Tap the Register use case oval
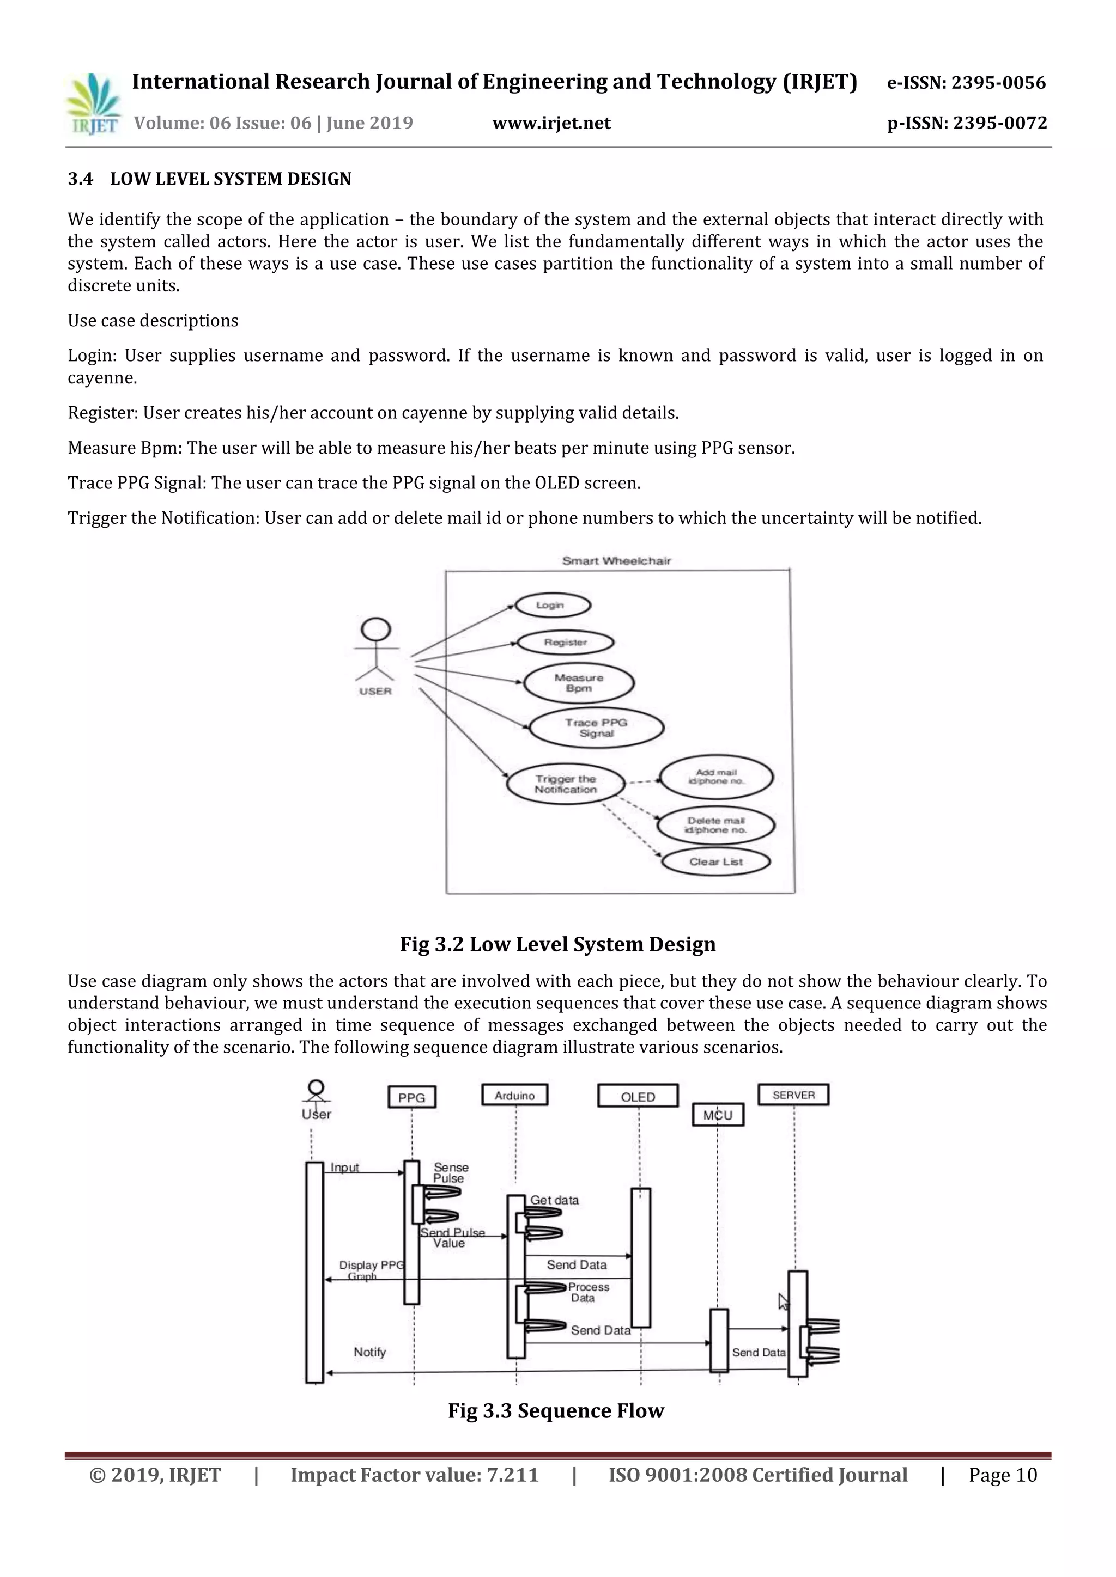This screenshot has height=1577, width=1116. coord(565,642)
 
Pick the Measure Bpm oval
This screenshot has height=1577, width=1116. coord(579,683)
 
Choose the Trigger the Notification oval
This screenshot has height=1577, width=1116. coord(566,784)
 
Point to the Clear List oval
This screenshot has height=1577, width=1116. coord(716,861)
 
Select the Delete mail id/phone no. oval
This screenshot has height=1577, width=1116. coord(715,825)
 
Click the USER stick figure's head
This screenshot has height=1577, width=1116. coord(376,629)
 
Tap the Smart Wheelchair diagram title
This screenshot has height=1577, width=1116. coord(616,560)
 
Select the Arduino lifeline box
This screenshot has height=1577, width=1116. coord(515,1096)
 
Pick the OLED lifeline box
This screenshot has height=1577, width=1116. coord(638,1097)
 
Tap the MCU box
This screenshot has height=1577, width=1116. coord(718,1115)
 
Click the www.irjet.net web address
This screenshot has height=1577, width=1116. coord(551,123)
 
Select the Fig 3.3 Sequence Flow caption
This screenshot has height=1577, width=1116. coord(556,1411)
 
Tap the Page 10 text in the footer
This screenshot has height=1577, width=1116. coord(1003,1475)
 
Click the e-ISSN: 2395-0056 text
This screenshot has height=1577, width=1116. coord(966,83)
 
